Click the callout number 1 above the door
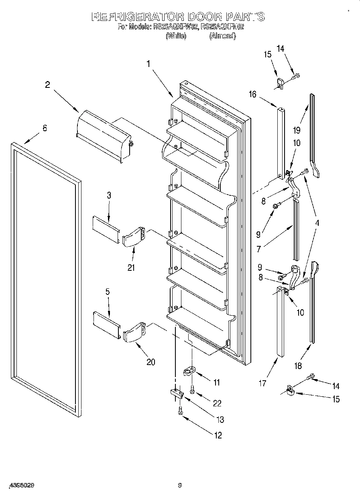[x=148, y=63]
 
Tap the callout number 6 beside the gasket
[x=45, y=128]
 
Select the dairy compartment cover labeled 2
[x=104, y=135]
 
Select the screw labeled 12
[x=180, y=410]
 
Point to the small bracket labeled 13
[x=175, y=392]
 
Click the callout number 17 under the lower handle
[x=262, y=383]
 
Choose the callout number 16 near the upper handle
[x=252, y=94]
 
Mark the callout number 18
[x=297, y=365]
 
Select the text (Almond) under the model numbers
[x=222, y=36]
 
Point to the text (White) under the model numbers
[x=176, y=36]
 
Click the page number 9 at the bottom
[x=180, y=485]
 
